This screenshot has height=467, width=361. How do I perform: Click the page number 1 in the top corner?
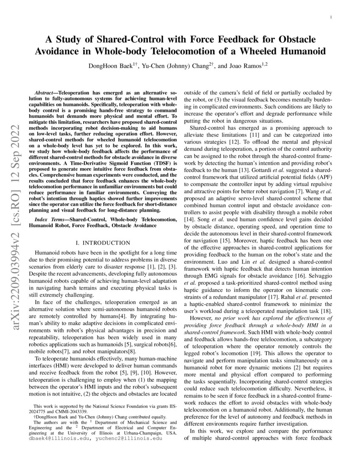(x=330, y=17)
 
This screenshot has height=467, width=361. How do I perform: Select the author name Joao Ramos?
(x=246, y=66)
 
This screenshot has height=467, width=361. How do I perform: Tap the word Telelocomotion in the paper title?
(x=234, y=52)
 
